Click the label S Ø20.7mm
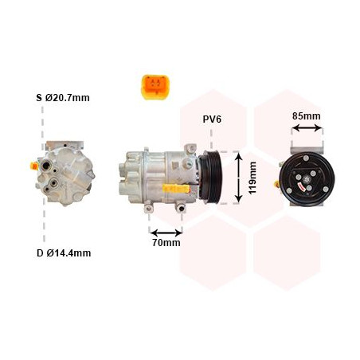point(64,98)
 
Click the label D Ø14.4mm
point(64,253)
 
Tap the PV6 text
point(212,119)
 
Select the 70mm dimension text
point(166,242)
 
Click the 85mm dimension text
point(306,116)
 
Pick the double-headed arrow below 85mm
point(306,131)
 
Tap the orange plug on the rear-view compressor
point(32,166)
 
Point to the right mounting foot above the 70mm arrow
point(182,209)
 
